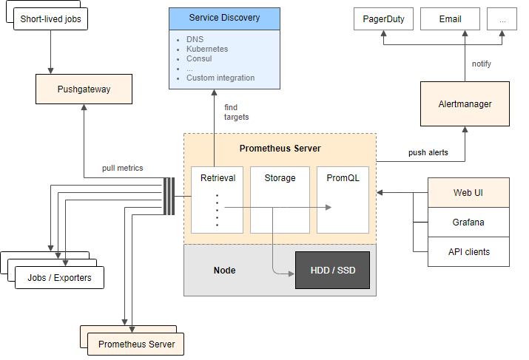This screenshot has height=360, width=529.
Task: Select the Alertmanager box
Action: (x=465, y=104)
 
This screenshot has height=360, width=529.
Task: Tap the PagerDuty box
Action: (x=384, y=19)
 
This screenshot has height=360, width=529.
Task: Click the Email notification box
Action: (x=450, y=19)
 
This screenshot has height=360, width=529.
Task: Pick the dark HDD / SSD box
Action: (x=331, y=271)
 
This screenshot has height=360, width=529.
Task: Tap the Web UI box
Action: (x=468, y=192)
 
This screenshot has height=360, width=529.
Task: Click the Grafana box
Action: (x=468, y=222)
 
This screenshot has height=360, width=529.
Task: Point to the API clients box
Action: (x=468, y=251)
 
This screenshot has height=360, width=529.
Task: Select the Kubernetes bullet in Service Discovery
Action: (x=207, y=49)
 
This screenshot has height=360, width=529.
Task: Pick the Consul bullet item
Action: (x=199, y=58)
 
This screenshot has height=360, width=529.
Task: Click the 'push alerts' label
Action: (x=427, y=153)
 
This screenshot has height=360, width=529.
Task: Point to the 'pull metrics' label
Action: (x=123, y=168)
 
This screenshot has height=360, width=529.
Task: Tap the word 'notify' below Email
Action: (x=481, y=64)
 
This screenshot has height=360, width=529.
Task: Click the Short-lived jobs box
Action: (x=50, y=19)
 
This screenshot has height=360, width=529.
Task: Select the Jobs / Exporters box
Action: (x=59, y=277)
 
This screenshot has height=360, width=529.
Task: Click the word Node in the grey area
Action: (x=224, y=271)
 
